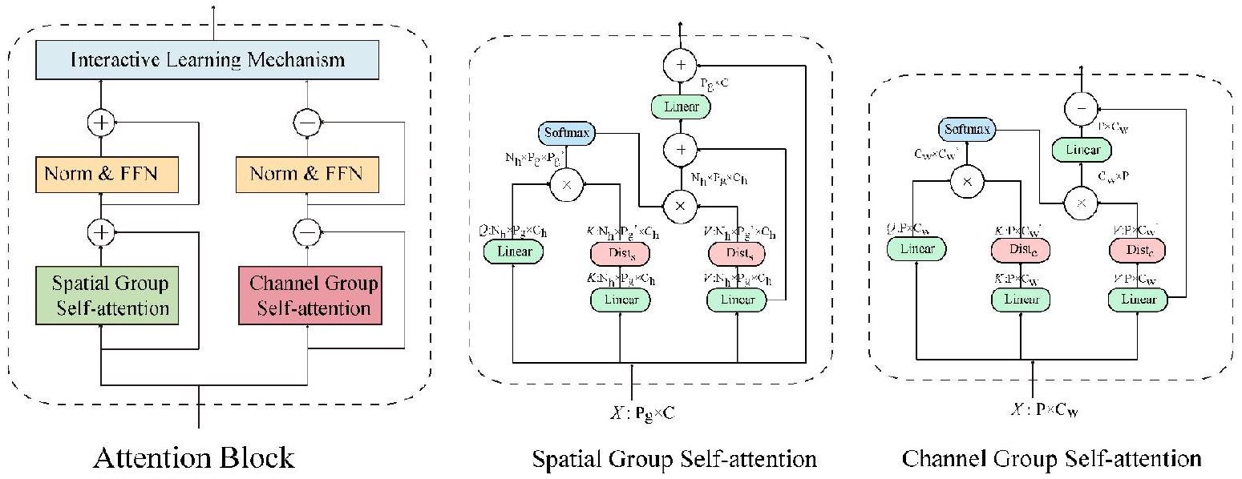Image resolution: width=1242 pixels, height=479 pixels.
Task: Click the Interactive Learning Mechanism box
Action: (x=207, y=60)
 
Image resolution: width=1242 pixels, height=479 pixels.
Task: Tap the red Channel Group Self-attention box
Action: (x=309, y=296)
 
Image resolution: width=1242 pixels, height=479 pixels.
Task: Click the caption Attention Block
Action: (x=194, y=458)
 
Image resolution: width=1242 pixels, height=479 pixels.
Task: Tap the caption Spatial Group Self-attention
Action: (x=674, y=459)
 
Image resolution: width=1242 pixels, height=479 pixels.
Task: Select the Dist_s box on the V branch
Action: (x=737, y=252)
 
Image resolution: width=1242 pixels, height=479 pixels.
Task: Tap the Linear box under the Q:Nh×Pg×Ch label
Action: (x=513, y=252)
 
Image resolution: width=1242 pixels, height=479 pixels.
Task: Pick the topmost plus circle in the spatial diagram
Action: (x=681, y=66)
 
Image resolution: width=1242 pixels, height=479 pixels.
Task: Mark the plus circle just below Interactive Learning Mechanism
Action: (x=103, y=123)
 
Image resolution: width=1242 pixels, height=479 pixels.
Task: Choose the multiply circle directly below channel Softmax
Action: (x=966, y=181)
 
